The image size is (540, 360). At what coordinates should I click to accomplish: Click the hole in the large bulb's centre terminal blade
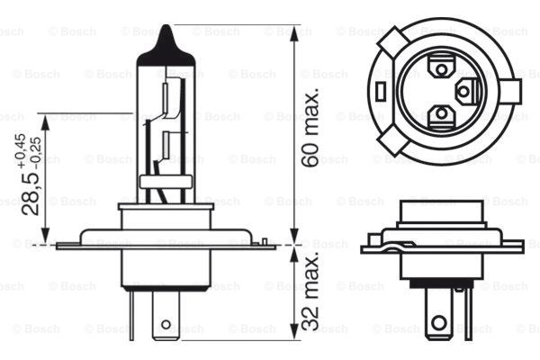pos(166,323)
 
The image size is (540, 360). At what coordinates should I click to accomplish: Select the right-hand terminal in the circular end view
pos(465,90)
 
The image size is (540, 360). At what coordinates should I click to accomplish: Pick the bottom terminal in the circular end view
pos(441,114)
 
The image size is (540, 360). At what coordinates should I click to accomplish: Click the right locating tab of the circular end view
pos(514,91)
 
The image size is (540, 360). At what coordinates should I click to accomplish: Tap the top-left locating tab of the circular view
pos(392,40)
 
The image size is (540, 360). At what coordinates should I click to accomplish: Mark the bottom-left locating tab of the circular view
pos(393,140)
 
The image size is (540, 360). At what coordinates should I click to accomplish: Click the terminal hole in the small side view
pos(438,322)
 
